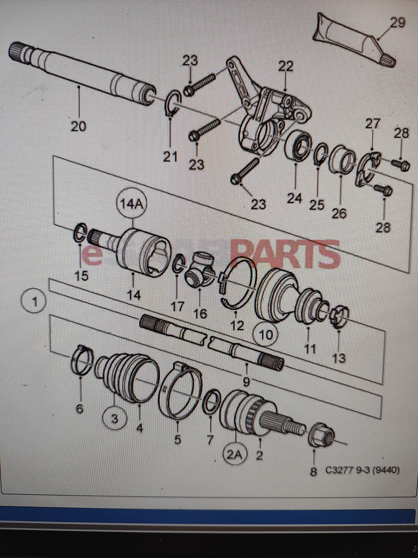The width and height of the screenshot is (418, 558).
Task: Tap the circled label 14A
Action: [x=132, y=205]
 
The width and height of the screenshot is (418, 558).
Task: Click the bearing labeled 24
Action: [x=299, y=146]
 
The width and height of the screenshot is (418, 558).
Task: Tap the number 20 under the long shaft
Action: [x=78, y=127]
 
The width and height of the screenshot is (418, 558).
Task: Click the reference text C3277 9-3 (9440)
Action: [x=362, y=471]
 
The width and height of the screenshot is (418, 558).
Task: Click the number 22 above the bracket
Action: [x=286, y=67]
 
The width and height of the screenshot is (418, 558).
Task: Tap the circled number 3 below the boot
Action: [x=115, y=418]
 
